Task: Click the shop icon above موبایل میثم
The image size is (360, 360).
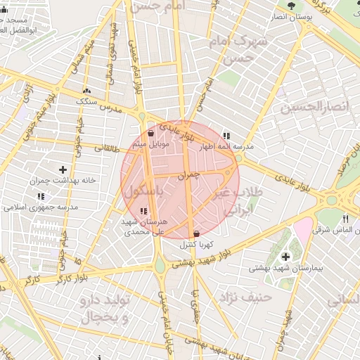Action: pos(151,133)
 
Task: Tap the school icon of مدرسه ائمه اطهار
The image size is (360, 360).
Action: pos(226,136)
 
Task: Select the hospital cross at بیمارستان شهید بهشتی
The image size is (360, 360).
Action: pos(285,257)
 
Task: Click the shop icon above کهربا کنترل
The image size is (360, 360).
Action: pos(195,234)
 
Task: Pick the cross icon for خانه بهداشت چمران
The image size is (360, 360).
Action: pos(63,169)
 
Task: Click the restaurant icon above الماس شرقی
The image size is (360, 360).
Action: pos(345,219)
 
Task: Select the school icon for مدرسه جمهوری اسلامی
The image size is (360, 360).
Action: pos(41,197)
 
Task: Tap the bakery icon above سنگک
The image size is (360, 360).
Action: pos(86,91)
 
